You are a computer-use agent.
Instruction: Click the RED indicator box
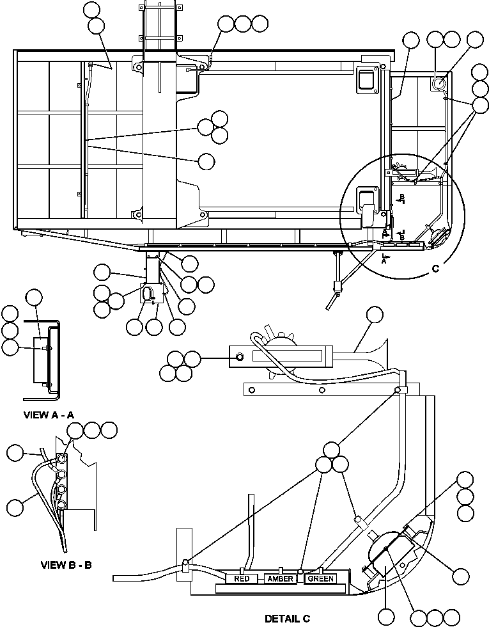tap(242, 579)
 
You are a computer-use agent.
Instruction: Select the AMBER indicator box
tap(280, 579)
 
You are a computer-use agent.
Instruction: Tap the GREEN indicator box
tap(320, 579)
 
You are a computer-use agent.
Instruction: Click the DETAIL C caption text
tap(288, 618)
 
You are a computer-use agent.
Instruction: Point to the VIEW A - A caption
tap(49, 415)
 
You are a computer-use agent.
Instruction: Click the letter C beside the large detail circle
tap(436, 269)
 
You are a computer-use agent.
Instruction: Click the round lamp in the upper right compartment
tap(439, 83)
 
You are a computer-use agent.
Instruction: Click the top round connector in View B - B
tap(62, 459)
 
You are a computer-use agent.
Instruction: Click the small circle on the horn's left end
tap(240, 356)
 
